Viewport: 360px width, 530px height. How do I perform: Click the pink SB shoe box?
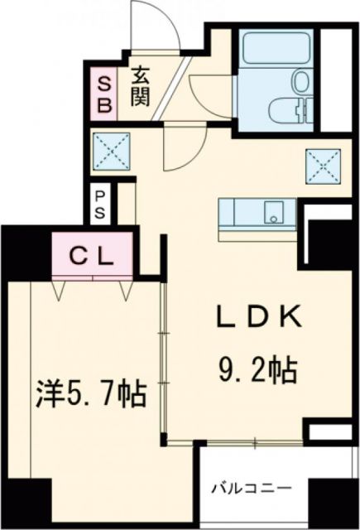[105, 93]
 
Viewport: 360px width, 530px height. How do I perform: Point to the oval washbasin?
[300, 81]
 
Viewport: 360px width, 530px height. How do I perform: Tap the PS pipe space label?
[100, 203]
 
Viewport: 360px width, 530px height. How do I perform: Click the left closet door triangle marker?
[60, 290]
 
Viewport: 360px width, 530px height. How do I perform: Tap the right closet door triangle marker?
[126, 290]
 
